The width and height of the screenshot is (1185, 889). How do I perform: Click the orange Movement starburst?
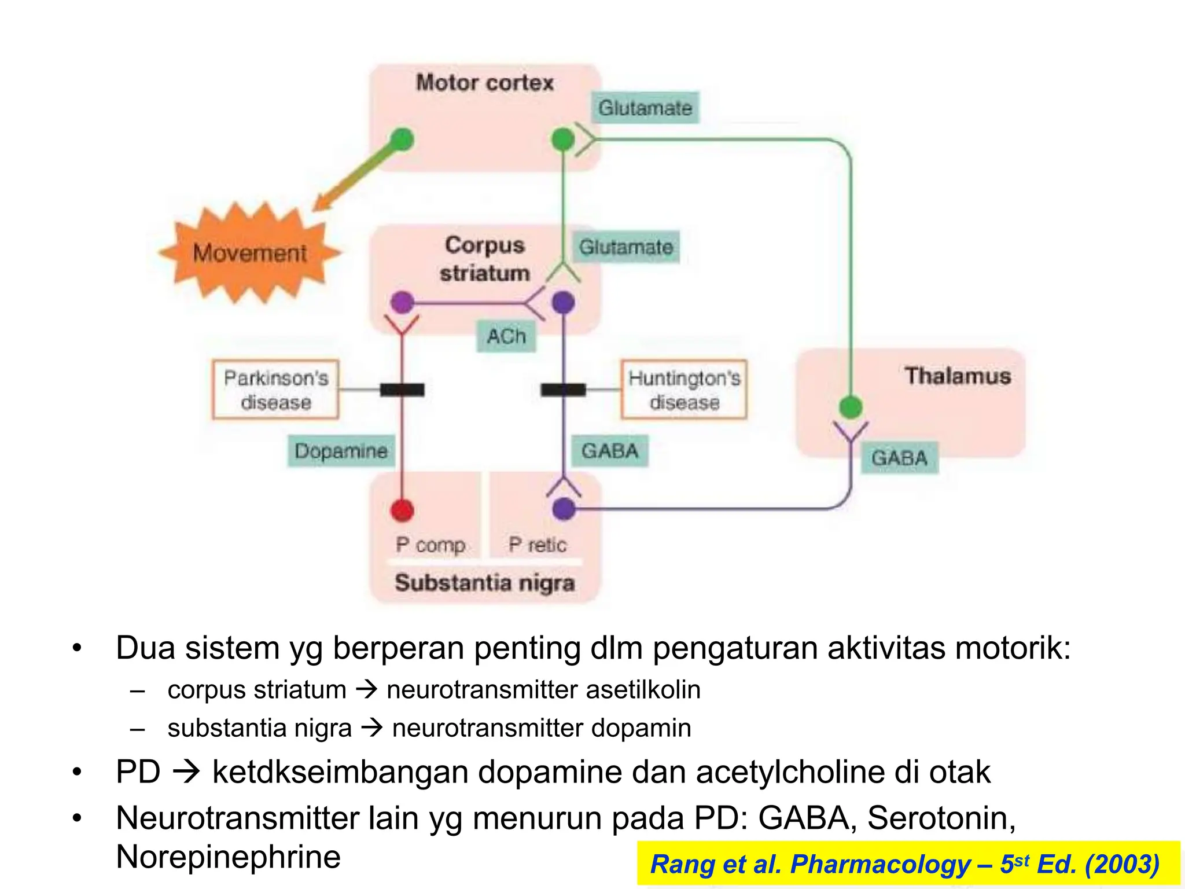[250, 254]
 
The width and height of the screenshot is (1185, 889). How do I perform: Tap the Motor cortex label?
[485, 83]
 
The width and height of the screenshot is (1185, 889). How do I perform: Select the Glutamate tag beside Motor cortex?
[645, 108]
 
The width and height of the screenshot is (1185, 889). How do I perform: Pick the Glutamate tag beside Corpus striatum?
[626, 247]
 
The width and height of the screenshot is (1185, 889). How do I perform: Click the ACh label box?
[506, 336]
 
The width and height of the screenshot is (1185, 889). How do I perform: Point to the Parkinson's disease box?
[275, 390]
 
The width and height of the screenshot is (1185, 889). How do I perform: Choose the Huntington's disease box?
[684, 390]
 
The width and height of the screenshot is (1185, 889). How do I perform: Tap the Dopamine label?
[341, 451]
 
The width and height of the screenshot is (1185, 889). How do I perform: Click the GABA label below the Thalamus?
[899, 458]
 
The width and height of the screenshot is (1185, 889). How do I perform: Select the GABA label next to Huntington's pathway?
[610, 451]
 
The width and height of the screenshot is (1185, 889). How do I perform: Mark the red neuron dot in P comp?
[402, 510]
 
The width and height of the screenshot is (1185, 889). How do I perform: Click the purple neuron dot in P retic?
[564, 509]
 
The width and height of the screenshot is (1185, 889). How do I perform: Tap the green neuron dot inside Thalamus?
[851, 406]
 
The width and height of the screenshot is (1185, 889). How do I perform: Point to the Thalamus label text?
[958, 376]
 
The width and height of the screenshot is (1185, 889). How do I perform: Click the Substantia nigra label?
[485, 582]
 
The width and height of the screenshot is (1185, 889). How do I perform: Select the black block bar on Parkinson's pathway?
[402, 390]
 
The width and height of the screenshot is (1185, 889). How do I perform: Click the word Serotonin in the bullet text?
[941, 818]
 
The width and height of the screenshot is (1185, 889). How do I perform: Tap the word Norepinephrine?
[228, 857]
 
